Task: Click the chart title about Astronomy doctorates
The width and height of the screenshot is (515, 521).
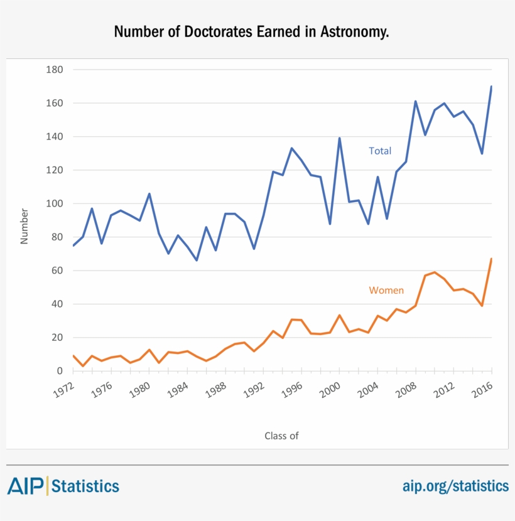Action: pos(251,31)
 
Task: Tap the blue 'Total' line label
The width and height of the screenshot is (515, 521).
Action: pos(379,151)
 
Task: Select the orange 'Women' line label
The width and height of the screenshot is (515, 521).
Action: pos(386,290)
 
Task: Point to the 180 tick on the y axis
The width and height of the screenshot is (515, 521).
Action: pos(55,70)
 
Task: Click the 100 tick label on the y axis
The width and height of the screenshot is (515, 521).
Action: pos(55,204)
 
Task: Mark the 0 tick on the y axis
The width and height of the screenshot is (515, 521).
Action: pos(60,371)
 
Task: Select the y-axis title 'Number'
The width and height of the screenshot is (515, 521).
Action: pos(24,226)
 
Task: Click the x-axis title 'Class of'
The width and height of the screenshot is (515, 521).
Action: pos(281,436)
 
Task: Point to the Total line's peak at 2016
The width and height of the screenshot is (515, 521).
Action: pos(491,87)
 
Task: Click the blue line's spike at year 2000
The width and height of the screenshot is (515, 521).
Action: pos(339,138)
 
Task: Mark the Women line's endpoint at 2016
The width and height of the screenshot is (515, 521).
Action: pos(491,259)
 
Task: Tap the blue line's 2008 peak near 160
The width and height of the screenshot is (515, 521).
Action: pos(415,101)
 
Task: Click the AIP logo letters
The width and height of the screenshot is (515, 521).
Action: pos(25,485)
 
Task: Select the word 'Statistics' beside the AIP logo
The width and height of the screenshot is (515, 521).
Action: pos(85,486)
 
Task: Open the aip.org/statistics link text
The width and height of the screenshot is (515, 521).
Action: pos(455,486)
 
